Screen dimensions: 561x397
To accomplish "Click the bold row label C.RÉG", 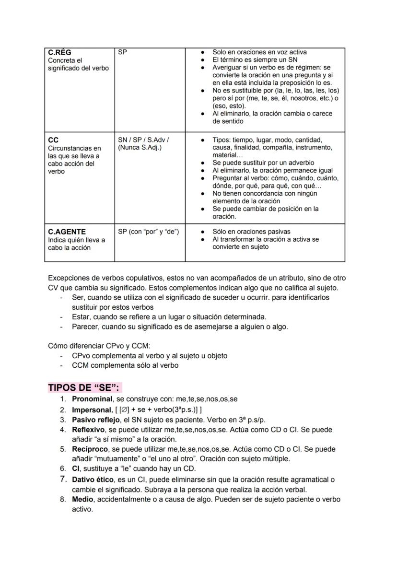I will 60,52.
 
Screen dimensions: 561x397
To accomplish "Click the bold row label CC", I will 53,140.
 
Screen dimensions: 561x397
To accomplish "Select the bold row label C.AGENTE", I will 67,232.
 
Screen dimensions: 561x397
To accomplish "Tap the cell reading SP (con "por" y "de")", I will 148,232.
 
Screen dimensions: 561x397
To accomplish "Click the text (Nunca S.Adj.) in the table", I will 140,148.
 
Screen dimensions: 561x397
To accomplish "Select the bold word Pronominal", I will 92,399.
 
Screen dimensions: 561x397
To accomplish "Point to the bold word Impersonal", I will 91,409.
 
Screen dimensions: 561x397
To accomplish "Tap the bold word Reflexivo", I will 90,430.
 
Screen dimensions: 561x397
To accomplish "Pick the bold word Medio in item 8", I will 82,499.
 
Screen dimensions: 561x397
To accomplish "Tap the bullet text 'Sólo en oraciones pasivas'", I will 251,232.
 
